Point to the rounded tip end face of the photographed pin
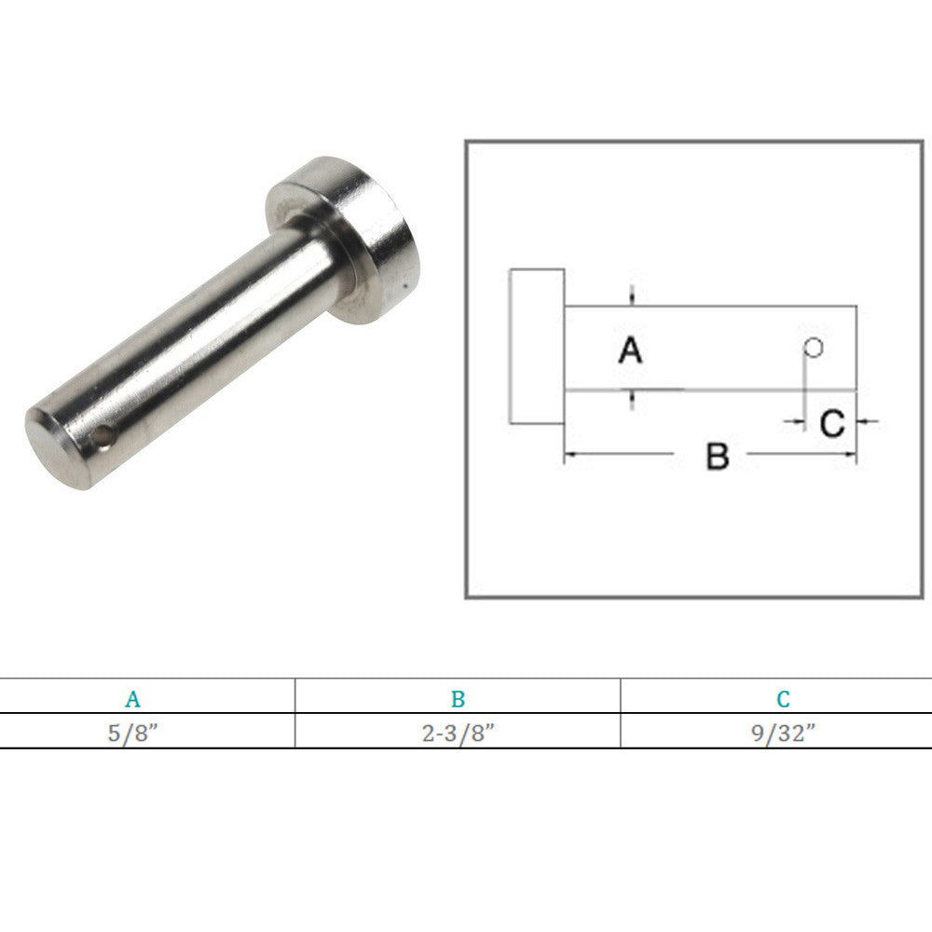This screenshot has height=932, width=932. (x=56, y=448)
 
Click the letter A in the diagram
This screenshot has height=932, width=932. (x=631, y=349)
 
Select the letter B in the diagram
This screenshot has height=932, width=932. (x=718, y=457)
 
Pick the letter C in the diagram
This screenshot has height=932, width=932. (x=831, y=423)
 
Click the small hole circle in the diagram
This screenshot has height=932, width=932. (x=813, y=348)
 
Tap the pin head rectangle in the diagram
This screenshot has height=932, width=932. (x=537, y=347)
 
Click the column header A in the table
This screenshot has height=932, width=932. (x=133, y=699)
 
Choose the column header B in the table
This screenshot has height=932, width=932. (x=458, y=699)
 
